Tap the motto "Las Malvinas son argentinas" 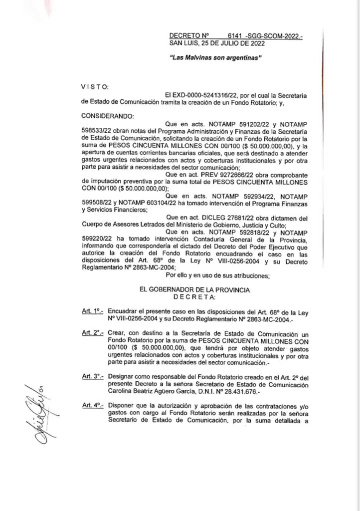(x=216, y=58)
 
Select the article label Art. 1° (x=92, y=310)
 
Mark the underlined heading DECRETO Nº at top (x=188, y=36)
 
